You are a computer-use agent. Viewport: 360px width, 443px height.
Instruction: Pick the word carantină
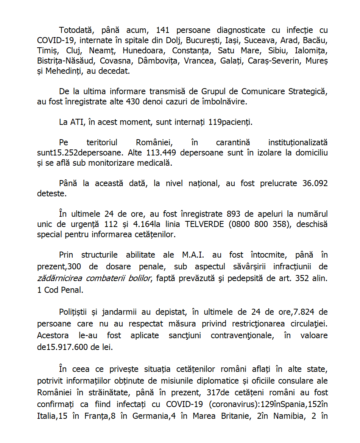tap(233, 143)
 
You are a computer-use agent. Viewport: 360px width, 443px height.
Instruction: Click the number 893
tap(234, 214)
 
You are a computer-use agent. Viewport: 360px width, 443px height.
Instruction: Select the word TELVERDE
tap(205, 224)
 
